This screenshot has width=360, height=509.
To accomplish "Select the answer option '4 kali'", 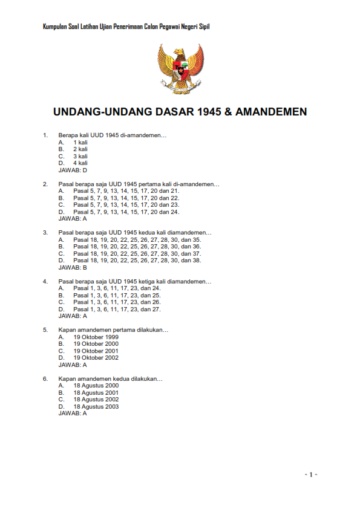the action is point(80,163).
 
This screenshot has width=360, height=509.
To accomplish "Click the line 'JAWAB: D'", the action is point(73,170).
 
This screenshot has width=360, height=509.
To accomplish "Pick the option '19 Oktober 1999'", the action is point(96,337).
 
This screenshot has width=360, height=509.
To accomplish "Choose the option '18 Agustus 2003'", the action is point(96,406).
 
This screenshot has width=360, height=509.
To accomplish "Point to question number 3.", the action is point(45,232).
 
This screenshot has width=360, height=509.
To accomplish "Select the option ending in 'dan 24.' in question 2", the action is point(126,212).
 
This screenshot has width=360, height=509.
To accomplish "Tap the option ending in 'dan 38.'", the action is point(137,260).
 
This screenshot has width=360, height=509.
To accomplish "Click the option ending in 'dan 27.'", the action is point(117,309).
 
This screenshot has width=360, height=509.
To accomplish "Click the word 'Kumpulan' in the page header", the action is point(56,26).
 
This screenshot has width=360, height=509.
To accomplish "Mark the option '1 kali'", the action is point(80,142).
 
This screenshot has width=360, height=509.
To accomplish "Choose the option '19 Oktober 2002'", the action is point(96,358).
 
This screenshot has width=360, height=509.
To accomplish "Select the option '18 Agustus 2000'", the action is point(96,385).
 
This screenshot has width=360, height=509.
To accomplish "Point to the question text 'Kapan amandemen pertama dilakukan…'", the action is point(113,330).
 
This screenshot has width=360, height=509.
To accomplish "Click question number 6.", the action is point(45,378).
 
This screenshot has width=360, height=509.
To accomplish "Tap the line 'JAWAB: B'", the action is point(73,267).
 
